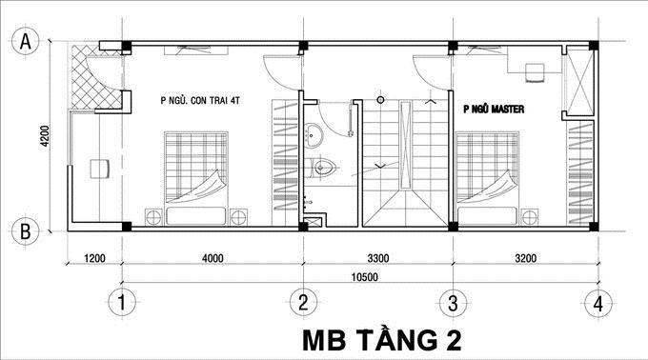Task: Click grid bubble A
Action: point(28,42)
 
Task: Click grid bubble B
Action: point(28,230)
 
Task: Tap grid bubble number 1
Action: point(120,304)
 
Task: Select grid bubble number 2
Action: point(302,304)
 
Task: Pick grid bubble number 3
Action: point(453,304)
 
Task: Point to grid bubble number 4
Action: point(597,304)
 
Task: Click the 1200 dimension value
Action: point(93,257)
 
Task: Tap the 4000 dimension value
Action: point(212,257)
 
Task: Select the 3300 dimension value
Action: point(377,257)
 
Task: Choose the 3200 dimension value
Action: point(525,257)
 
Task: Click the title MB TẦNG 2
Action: point(386,338)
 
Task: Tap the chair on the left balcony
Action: point(97,170)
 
